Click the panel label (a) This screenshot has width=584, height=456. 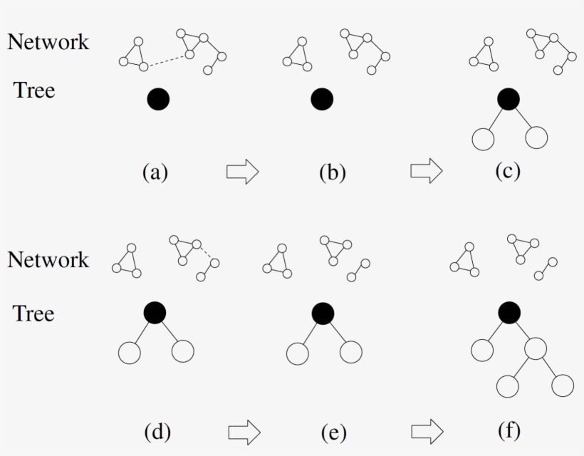(155, 173)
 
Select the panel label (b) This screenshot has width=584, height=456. (333, 173)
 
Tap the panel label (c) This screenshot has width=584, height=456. (508, 172)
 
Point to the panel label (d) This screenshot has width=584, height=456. (157, 432)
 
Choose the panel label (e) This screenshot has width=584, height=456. (334, 432)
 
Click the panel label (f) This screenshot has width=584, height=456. (509, 430)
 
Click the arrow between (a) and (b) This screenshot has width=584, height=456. (242, 172)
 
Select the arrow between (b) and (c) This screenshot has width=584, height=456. (427, 170)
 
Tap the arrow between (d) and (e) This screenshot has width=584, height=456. (244, 432)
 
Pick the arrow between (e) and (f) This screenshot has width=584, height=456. (427, 431)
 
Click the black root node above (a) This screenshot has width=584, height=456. (158, 99)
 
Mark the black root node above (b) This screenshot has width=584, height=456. (322, 99)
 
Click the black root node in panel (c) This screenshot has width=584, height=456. (509, 99)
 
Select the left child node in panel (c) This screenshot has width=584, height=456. (483, 140)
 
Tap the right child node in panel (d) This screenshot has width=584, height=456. (183, 351)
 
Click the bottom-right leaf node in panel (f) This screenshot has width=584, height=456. (563, 385)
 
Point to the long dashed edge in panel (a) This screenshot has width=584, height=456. (167, 61)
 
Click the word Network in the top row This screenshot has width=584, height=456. (48, 42)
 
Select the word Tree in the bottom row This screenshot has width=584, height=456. (34, 313)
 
